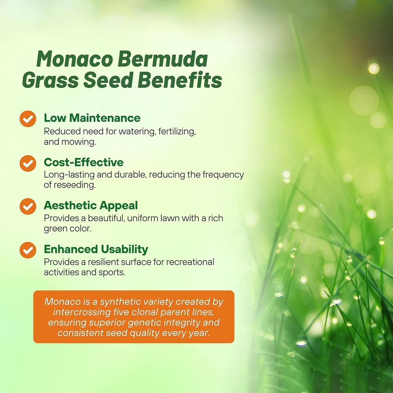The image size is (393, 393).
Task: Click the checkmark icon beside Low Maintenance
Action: click(x=28, y=119)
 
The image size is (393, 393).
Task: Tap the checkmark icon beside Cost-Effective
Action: click(x=28, y=163)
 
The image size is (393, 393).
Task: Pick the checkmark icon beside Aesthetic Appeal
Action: click(x=28, y=206)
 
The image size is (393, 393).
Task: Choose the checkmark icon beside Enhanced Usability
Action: click(x=28, y=250)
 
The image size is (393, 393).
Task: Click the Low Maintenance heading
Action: click(x=92, y=118)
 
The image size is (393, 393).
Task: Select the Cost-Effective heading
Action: click(x=84, y=162)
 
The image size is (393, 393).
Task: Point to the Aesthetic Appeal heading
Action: click(x=91, y=206)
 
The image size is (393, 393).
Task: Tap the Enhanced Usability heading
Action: click(x=96, y=249)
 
